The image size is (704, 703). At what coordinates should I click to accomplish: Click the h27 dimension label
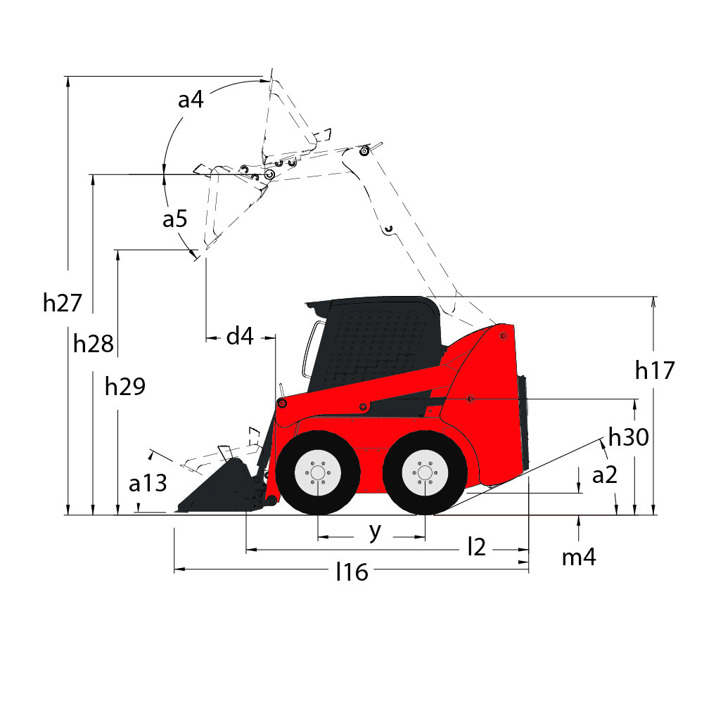(x=62, y=302)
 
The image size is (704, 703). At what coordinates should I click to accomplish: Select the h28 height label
(x=94, y=344)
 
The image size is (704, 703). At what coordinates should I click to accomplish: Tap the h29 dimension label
(x=124, y=386)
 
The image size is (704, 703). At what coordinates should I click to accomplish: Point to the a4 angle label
(x=191, y=100)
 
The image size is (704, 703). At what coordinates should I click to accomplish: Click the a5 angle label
(x=174, y=219)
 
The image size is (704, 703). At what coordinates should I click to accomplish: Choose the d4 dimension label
(x=240, y=336)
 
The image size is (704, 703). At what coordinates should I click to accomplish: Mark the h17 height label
(x=655, y=370)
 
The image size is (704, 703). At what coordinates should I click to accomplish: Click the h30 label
(x=629, y=437)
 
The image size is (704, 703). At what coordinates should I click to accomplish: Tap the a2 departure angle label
(x=605, y=475)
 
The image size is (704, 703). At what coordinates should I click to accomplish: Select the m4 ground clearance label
(x=579, y=557)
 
